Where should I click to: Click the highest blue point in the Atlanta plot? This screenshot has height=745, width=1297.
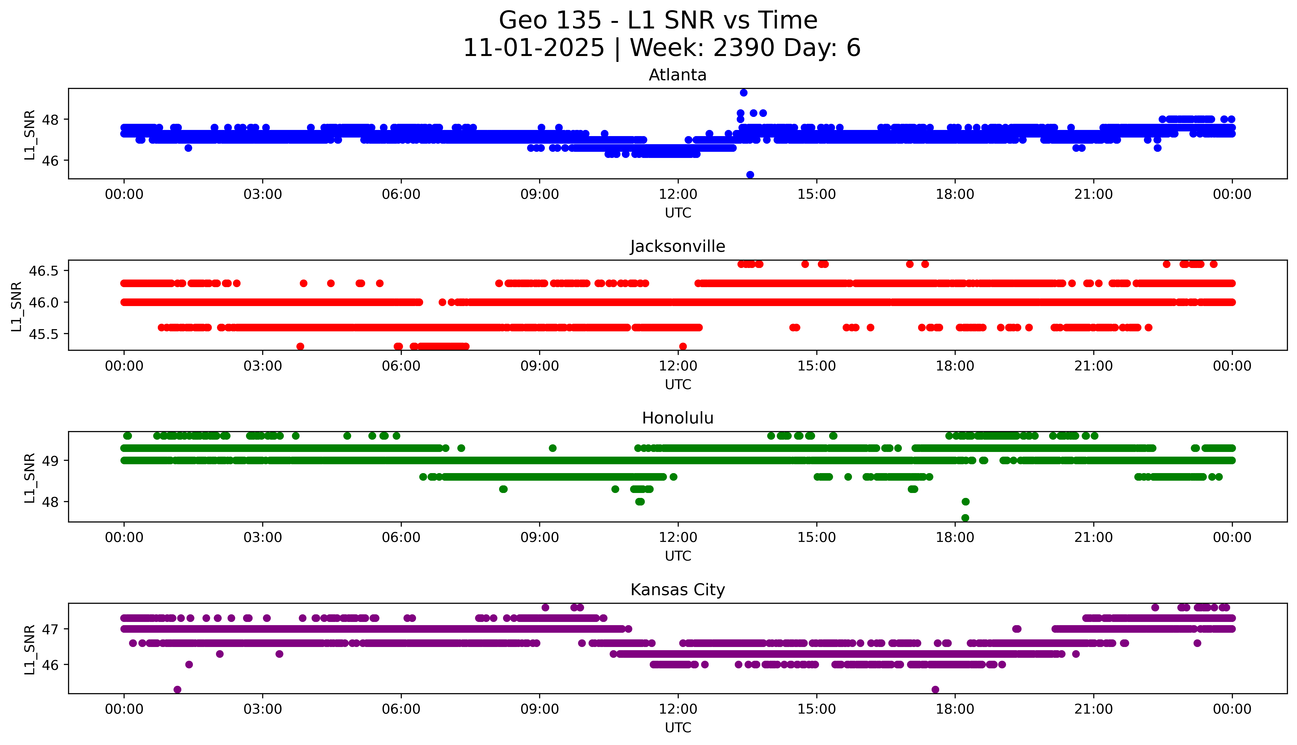pyautogui.click(x=743, y=93)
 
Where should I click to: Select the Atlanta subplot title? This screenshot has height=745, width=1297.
pyautogui.click(x=677, y=75)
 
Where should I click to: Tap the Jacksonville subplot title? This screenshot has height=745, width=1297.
pyautogui.click(x=677, y=247)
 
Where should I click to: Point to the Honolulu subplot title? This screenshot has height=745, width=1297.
pyautogui.click(x=677, y=418)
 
